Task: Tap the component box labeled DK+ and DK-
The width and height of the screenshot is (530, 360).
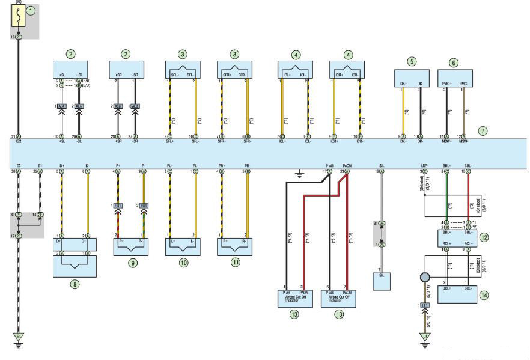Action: point(411,78)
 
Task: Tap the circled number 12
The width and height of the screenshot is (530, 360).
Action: point(484,237)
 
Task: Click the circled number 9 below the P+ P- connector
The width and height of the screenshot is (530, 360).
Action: point(133,262)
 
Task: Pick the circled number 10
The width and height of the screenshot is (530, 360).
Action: point(183,262)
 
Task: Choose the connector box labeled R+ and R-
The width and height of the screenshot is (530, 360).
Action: point(234,245)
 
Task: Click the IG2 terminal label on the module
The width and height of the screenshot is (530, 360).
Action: point(19,142)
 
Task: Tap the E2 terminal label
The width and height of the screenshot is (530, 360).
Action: point(19,165)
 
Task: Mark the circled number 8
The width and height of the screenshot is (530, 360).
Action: point(75,284)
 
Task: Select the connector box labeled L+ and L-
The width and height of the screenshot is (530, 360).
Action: point(183,245)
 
